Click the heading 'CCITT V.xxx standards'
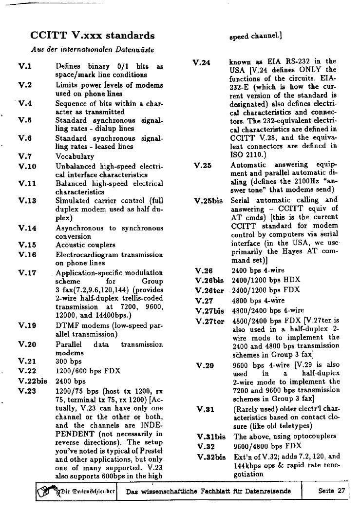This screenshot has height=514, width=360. [93, 36]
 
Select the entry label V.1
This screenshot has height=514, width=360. [25, 66]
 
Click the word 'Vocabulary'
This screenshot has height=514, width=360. [75, 156]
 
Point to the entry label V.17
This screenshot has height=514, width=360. [27, 273]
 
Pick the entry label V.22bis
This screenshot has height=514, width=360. [33, 381]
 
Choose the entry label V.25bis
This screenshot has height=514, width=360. [208, 200]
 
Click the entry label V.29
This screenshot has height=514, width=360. [205, 365]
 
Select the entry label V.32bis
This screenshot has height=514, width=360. [211, 457]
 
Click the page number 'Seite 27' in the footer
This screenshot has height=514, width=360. [331, 491]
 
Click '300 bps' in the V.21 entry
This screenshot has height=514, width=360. [69, 362]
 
